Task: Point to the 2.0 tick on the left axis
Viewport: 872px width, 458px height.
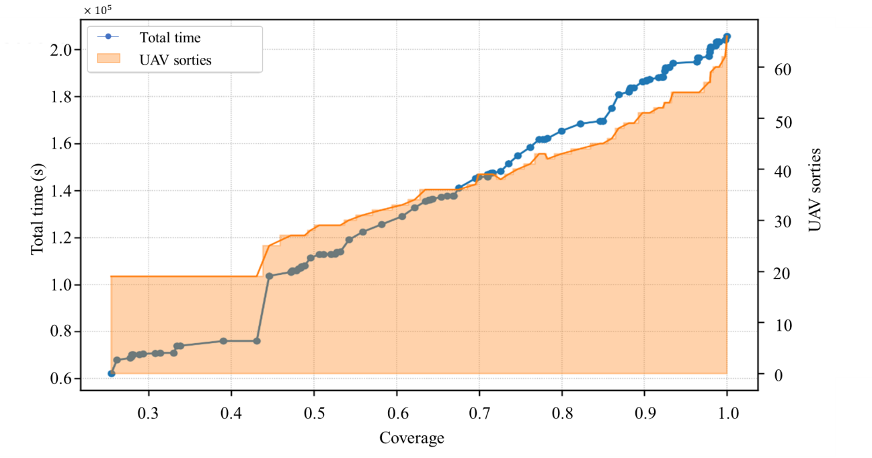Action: (x=61, y=50)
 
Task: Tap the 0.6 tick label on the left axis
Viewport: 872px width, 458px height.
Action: (x=61, y=378)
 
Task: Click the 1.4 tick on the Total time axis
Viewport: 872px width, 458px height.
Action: (x=61, y=190)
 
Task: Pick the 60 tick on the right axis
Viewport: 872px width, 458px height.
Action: (x=783, y=70)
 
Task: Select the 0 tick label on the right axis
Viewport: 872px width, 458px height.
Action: (x=779, y=375)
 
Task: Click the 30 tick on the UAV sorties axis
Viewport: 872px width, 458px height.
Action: (x=783, y=222)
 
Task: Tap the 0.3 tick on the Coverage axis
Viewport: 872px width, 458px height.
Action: (x=149, y=413)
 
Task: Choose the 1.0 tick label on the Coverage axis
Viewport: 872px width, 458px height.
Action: (x=727, y=413)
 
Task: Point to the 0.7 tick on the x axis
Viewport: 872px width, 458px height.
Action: (x=479, y=413)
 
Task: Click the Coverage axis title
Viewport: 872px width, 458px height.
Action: (x=412, y=438)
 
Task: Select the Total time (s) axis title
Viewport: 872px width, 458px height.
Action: (x=38, y=210)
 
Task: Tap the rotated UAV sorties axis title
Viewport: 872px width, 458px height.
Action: (x=814, y=190)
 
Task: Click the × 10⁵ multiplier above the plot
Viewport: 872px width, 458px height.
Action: (x=97, y=9)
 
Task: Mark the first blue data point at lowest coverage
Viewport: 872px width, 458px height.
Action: (x=112, y=373)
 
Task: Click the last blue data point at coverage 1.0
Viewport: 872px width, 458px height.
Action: (x=727, y=36)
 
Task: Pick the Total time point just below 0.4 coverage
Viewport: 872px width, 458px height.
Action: (x=223, y=341)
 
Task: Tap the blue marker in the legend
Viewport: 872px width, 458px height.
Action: (x=109, y=36)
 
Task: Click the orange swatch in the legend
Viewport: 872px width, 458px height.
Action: (x=109, y=59)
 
